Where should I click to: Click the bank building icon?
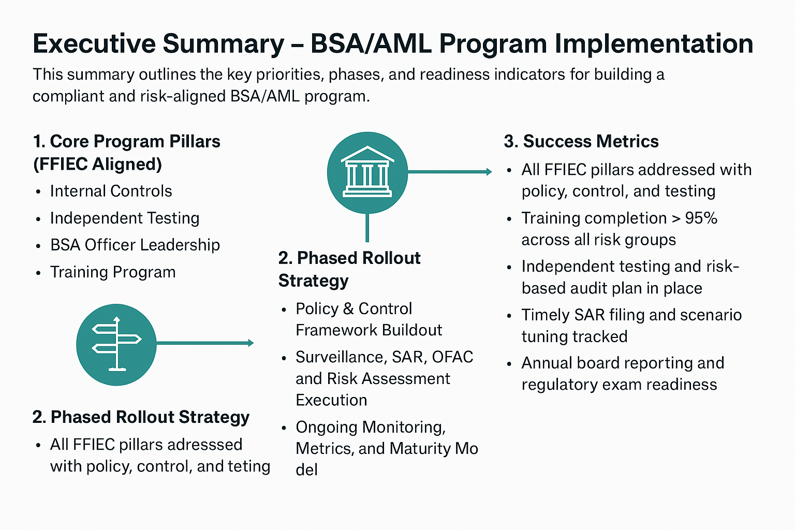[x=367, y=172]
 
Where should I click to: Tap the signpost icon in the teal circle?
[x=116, y=344]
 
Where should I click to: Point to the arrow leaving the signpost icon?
[x=204, y=343]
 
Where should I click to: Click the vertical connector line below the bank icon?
[x=367, y=228]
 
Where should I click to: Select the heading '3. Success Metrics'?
[x=581, y=141]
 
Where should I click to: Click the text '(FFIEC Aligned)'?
[x=97, y=164]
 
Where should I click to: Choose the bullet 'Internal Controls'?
[x=111, y=191]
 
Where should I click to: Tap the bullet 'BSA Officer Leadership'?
[x=135, y=245]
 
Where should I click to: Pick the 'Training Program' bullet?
[x=113, y=272]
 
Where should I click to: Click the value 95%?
[x=701, y=218]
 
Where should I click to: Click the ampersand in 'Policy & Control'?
[x=348, y=309]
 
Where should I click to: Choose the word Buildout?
[x=413, y=330]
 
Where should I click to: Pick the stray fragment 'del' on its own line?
[x=306, y=470]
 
